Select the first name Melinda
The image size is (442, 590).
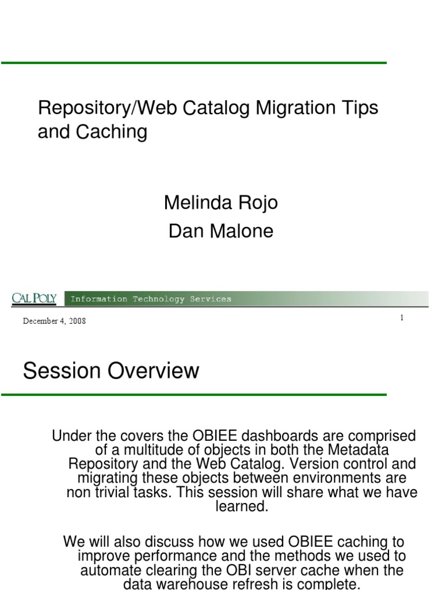[198, 202]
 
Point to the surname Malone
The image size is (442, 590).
[241, 231]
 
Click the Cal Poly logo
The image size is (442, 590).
[34, 298]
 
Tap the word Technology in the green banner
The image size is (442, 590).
[159, 299]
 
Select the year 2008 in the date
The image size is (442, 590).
[78, 321]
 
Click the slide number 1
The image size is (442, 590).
[402, 317]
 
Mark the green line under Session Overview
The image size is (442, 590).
[194, 395]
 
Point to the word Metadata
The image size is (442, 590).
[358, 449]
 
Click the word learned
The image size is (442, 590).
[242, 506]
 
